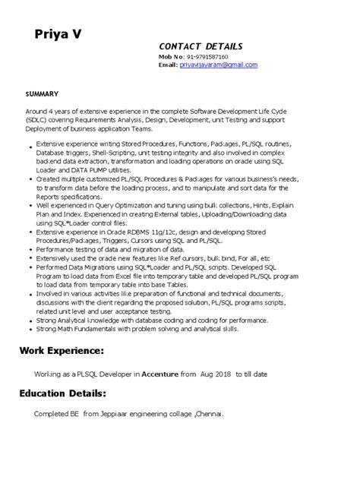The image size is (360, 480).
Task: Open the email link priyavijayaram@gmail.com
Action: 219,65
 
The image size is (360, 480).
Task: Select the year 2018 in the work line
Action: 223,374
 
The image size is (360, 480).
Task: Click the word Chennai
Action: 208,414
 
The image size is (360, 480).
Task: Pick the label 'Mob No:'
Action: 170,57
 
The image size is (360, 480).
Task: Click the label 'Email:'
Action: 168,65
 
